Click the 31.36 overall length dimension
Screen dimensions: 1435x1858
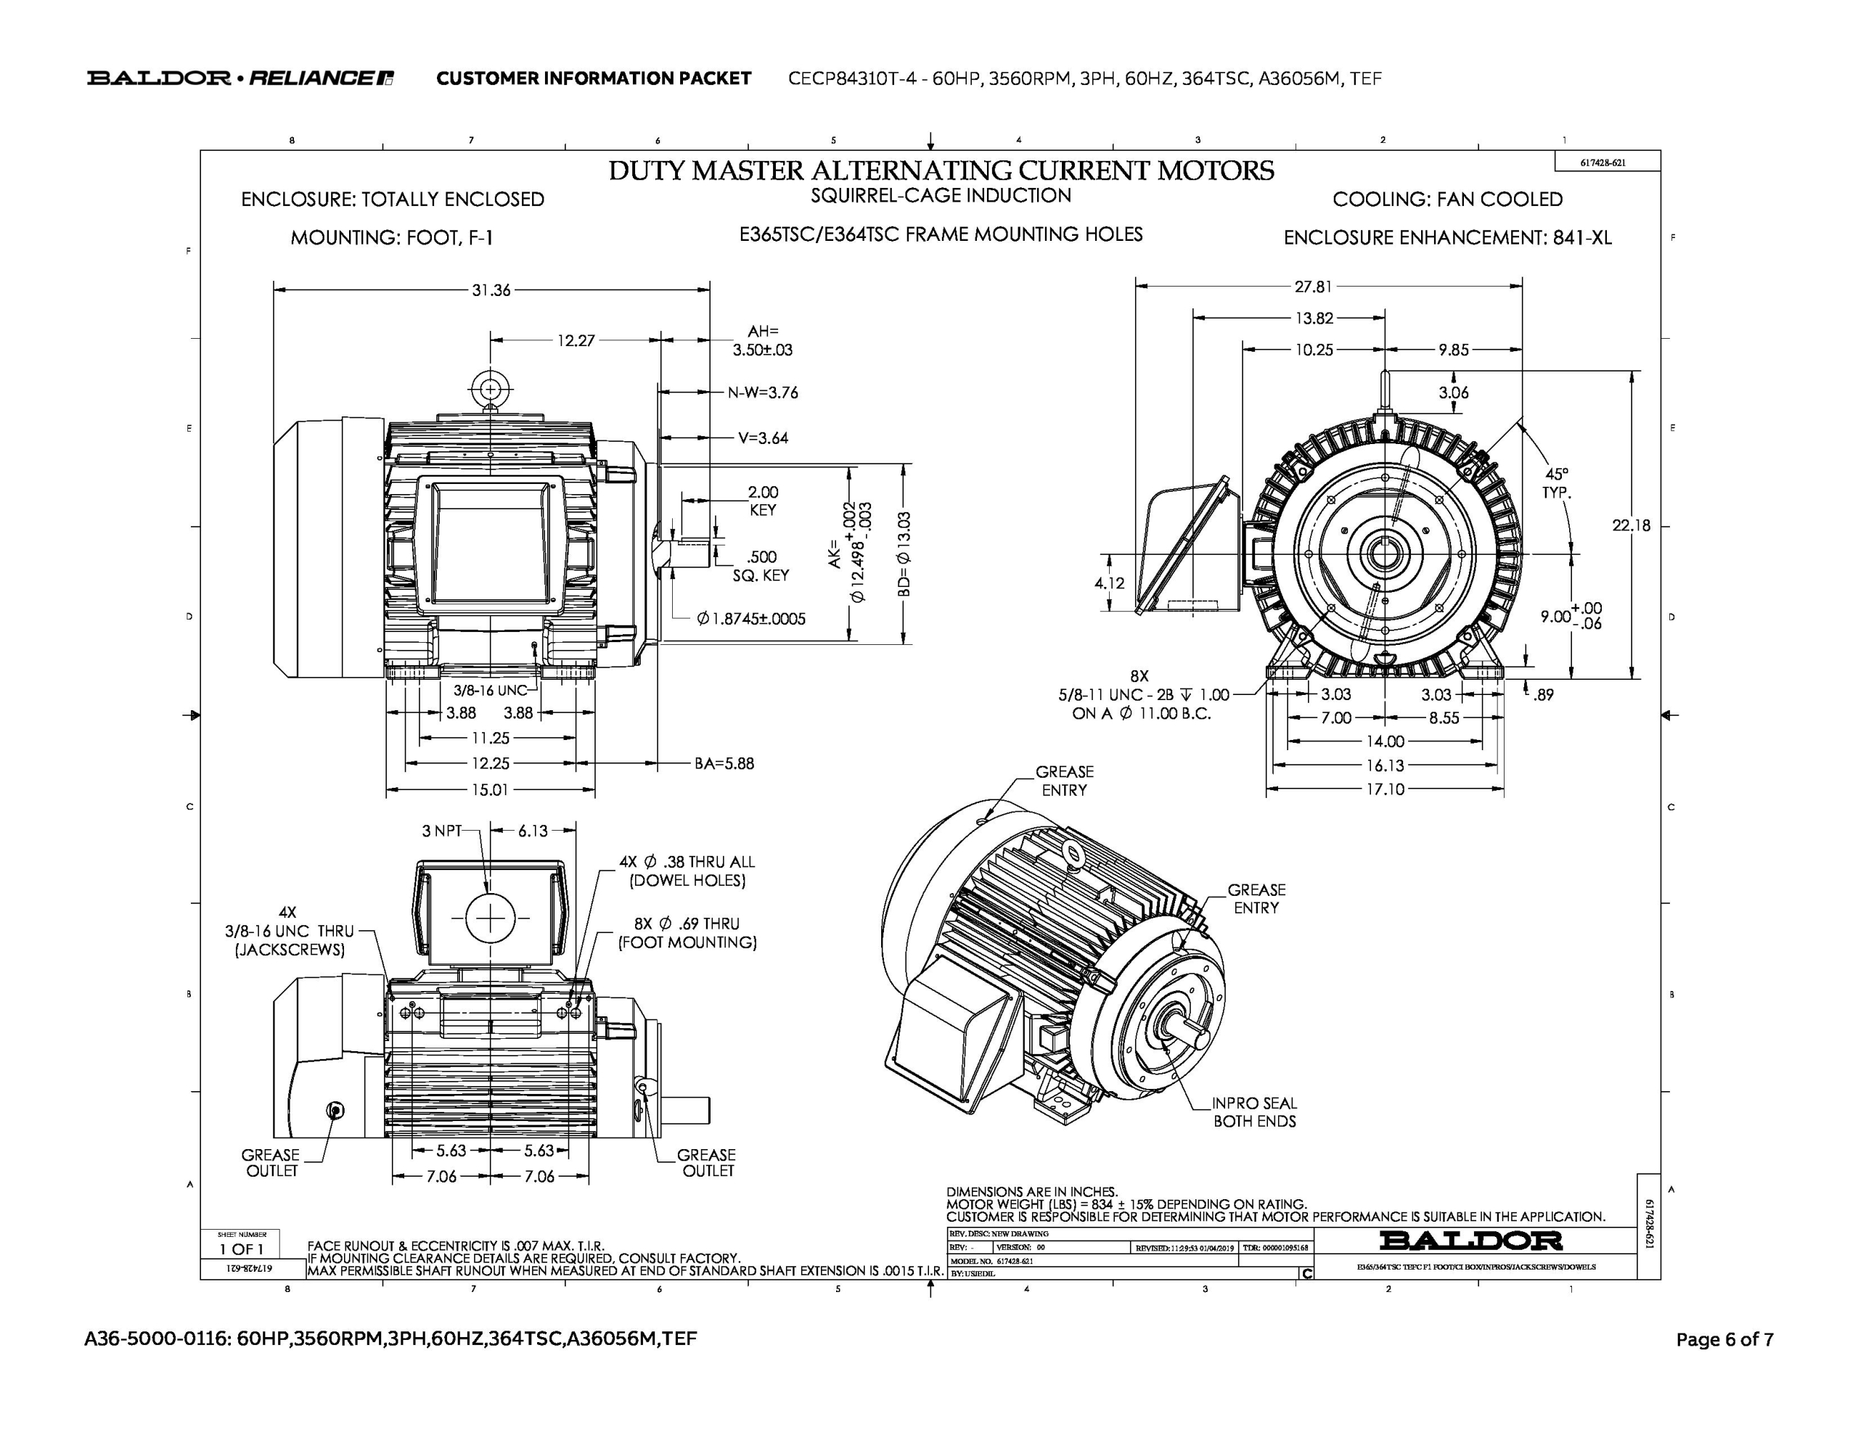coord(491,290)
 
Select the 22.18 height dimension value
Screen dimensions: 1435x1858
coord(1630,526)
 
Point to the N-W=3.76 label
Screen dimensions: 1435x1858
coord(762,393)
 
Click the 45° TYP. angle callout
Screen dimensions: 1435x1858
coord(1557,483)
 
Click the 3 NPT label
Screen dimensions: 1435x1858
coord(441,830)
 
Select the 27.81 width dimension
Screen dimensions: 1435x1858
coord(1314,287)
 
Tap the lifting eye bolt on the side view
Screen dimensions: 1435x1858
coord(491,390)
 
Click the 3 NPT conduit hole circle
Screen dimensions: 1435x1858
coord(491,918)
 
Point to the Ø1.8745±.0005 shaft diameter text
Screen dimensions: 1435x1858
coord(750,618)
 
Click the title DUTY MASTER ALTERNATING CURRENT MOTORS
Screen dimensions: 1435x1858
coord(941,171)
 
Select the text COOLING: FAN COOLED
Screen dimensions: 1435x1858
coord(1447,199)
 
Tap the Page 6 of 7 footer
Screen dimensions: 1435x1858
coord(1724,1340)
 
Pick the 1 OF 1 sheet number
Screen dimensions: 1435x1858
coord(242,1249)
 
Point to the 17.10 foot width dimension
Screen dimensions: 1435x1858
coord(1384,789)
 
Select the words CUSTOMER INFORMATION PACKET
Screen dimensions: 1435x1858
coord(594,79)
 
